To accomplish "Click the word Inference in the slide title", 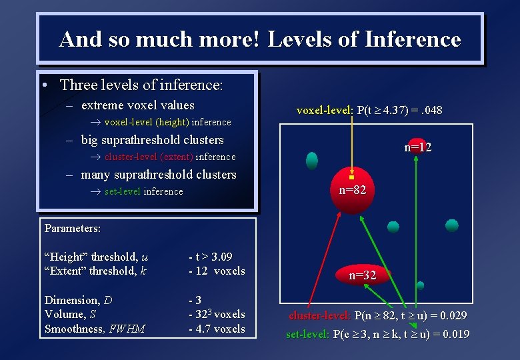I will pos(413,39).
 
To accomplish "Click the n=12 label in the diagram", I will pos(417,147).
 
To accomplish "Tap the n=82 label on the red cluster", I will pos(352,190).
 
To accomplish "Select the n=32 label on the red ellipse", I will pos(363,275).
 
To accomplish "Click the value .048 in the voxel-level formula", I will pos(427,110).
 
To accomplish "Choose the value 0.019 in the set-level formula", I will pos(452,334).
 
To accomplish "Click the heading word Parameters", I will pos(73,228).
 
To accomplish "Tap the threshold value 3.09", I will pos(220,257).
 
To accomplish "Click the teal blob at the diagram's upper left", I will pos(311,161).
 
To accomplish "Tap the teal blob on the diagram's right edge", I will pos(451,225).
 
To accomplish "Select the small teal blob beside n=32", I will pos(420,285).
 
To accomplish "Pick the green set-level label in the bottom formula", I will pos(307,334).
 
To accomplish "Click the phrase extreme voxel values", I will pos(137,105).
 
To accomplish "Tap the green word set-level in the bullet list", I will pos(122,191).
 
